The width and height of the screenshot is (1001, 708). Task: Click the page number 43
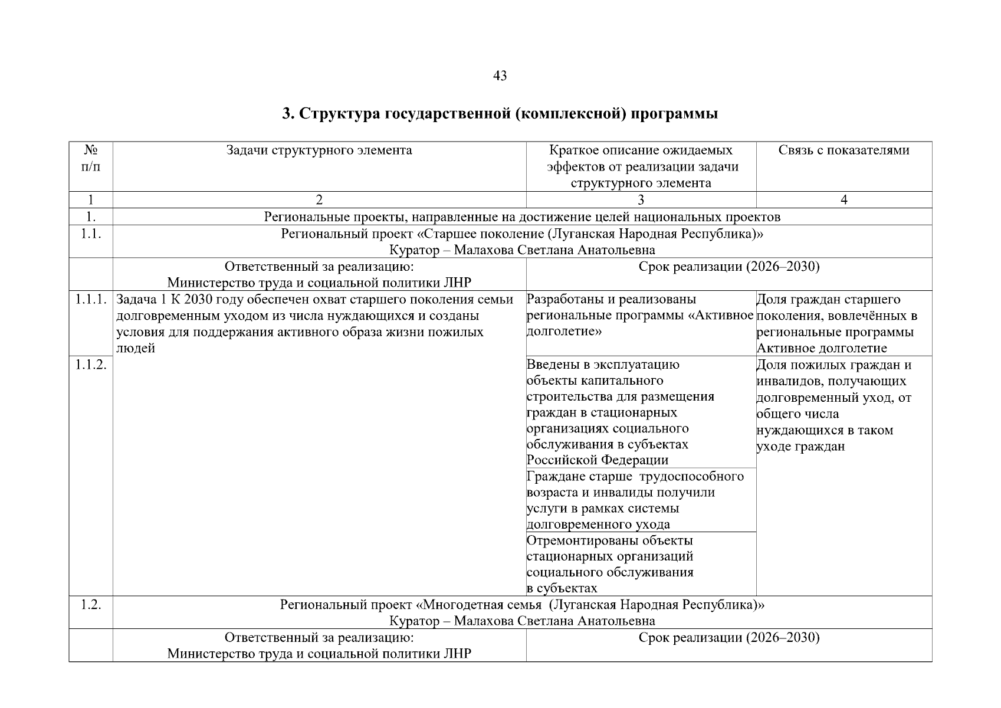pos(499,76)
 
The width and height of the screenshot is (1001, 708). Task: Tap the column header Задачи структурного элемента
pos(319,150)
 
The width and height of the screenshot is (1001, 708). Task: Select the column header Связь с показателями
pos(844,150)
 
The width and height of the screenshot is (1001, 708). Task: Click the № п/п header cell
pos(90,158)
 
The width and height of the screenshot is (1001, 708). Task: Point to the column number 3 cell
pos(641,200)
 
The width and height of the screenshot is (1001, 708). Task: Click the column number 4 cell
pos(844,200)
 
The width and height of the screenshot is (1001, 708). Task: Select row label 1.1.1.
pos(90,300)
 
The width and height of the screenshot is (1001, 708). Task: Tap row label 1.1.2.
pos(90,365)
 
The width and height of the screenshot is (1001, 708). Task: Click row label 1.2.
pos(90,605)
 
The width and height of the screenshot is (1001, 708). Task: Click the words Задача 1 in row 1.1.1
pos(134,300)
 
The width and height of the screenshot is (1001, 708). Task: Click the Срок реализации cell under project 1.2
pos(729,638)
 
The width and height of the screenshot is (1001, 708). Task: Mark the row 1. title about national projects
pos(522,217)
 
